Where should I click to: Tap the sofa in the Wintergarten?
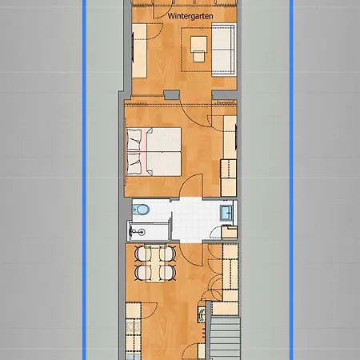[223, 48]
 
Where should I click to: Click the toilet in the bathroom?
[142, 210]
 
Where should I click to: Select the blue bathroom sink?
[226, 212]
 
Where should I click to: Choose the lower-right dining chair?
[168, 274]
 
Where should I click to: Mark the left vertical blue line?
[82, 180]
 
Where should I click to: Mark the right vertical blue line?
[290, 180]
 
